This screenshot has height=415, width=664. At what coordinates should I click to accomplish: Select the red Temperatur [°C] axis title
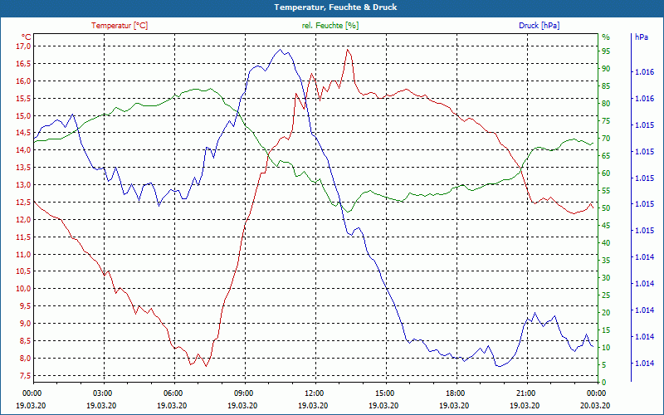(x=120, y=26)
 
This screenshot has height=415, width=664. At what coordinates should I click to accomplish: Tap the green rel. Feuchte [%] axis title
(x=330, y=26)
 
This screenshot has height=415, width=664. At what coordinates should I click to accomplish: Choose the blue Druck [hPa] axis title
(x=539, y=26)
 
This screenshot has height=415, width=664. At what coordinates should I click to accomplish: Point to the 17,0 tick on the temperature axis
(x=23, y=46)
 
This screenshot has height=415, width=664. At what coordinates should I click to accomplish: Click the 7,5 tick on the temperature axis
(x=23, y=375)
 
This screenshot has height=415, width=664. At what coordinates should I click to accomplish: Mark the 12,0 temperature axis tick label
(x=23, y=220)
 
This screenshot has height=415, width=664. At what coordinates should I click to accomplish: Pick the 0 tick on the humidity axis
(x=604, y=382)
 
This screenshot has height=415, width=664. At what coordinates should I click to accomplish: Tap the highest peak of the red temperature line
(x=348, y=50)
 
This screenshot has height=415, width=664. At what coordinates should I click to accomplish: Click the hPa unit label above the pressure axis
(x=641, y=37)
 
